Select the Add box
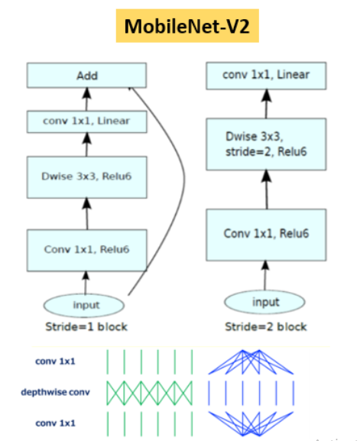click(86, 76)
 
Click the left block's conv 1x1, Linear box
click(86, 121)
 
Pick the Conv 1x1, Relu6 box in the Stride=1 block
click(86, 248)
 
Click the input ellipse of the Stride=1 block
click(86, 304)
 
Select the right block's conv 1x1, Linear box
click(267, 75)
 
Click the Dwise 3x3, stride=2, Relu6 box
click(267, 146)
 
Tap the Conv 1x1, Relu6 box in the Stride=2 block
click(267, 232)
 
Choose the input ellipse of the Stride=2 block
click(266, 302)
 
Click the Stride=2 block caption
click(267, 326)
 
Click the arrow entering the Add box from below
click(86, 98)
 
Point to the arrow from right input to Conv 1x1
click(267, 273)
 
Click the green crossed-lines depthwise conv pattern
click(149, 392)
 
